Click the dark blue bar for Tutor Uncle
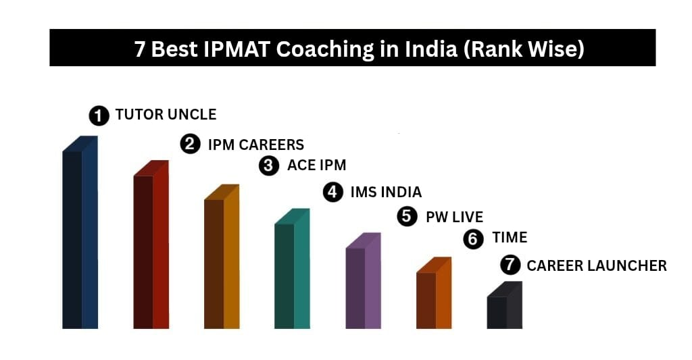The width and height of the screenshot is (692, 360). coord(80,236)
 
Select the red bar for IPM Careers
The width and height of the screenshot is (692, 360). coord(151,250)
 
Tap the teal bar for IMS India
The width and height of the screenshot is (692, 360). coord(292,274)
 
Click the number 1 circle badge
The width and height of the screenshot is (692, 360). coord(99,115)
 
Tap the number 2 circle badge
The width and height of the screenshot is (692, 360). coord(191,144)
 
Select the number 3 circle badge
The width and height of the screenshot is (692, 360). coord(270,165)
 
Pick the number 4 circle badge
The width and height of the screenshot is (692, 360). coord(332,192)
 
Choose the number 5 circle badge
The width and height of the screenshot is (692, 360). coord(407,217)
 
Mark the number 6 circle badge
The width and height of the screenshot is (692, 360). coord(474,238)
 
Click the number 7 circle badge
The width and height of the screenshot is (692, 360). coord(510,265)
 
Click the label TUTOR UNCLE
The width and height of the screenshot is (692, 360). coord(166,115)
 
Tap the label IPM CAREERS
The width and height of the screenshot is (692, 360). coord(255,145)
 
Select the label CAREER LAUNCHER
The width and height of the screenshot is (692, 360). coord(596,266)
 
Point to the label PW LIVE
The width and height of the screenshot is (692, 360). coord(454,217)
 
